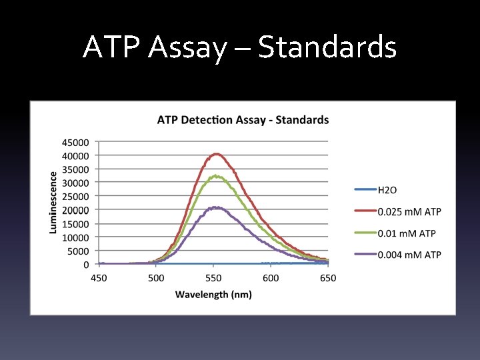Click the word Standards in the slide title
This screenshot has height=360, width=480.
click(x=327, y=47)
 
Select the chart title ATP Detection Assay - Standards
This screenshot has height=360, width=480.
click(x=243, y=120)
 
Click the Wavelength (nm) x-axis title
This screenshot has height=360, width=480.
click(x=213, y=294)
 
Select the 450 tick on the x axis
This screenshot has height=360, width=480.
click(x=99, y=277)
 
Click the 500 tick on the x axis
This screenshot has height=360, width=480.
click(x=156, y=277)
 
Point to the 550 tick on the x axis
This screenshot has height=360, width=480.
click(x=213, y=277)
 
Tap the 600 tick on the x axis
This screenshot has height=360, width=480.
click(x=271, y=277)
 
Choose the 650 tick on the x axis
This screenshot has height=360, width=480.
click(x=328, y=277)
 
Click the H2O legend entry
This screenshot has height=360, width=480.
click(x=387, y=190)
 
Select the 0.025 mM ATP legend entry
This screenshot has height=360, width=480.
click(x=409, y=211)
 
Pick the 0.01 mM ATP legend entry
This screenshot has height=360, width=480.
click(x=406, y=233)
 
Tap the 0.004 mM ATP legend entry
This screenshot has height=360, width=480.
click(x=409, y=254)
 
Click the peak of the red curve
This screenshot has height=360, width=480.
click(x=216, y=154)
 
